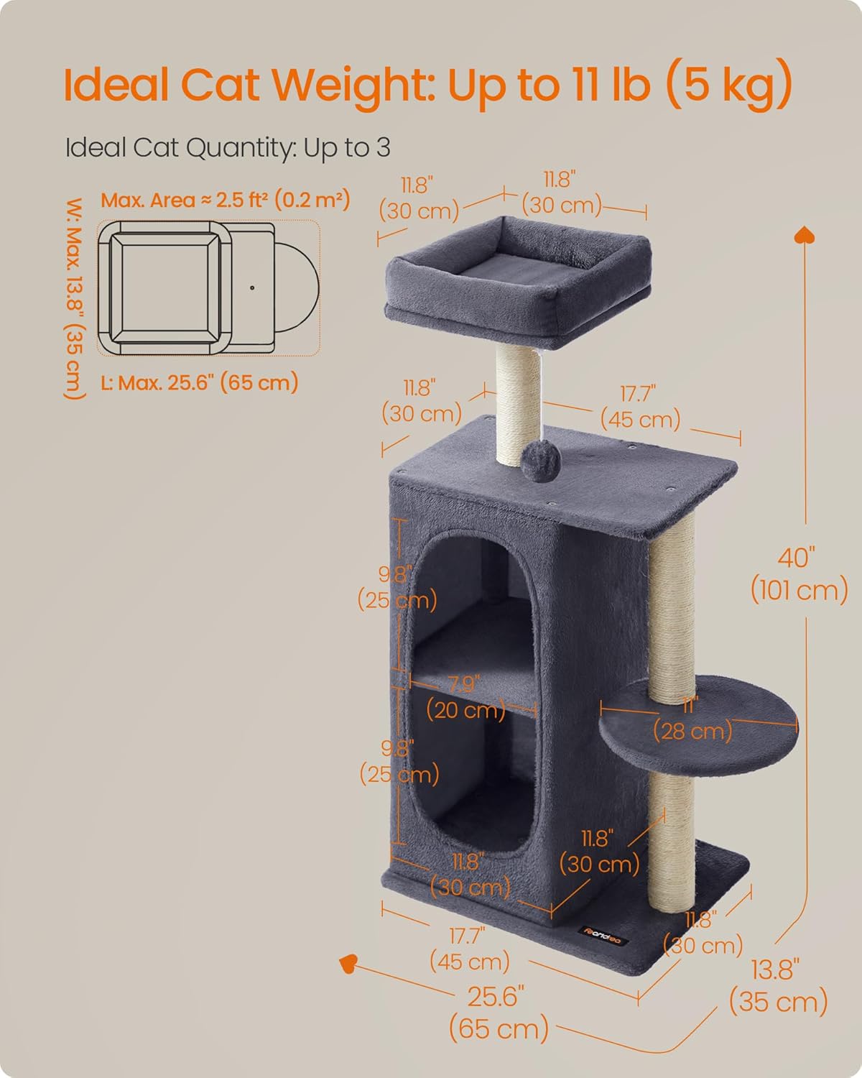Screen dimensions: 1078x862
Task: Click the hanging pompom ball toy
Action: coord(535,457)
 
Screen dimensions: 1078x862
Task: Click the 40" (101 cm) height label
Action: coord(799,574)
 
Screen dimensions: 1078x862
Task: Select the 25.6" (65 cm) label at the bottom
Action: coord(498,1013)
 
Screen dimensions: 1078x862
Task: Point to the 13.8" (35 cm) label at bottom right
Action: coord(778,985)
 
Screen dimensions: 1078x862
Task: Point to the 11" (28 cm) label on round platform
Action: coord(692,719)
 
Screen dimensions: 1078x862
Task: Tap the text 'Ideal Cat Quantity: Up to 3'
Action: coord(228,148)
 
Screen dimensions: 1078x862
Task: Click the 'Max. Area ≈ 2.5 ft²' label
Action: coord(225,200)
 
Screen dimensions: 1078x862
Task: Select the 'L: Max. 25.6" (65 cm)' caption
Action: coord(199,382)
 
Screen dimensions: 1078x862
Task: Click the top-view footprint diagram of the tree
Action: coord(208,287)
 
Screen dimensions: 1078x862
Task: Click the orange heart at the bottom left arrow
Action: coord(350,962)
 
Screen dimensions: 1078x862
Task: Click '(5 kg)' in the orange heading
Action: coord(728,85)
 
